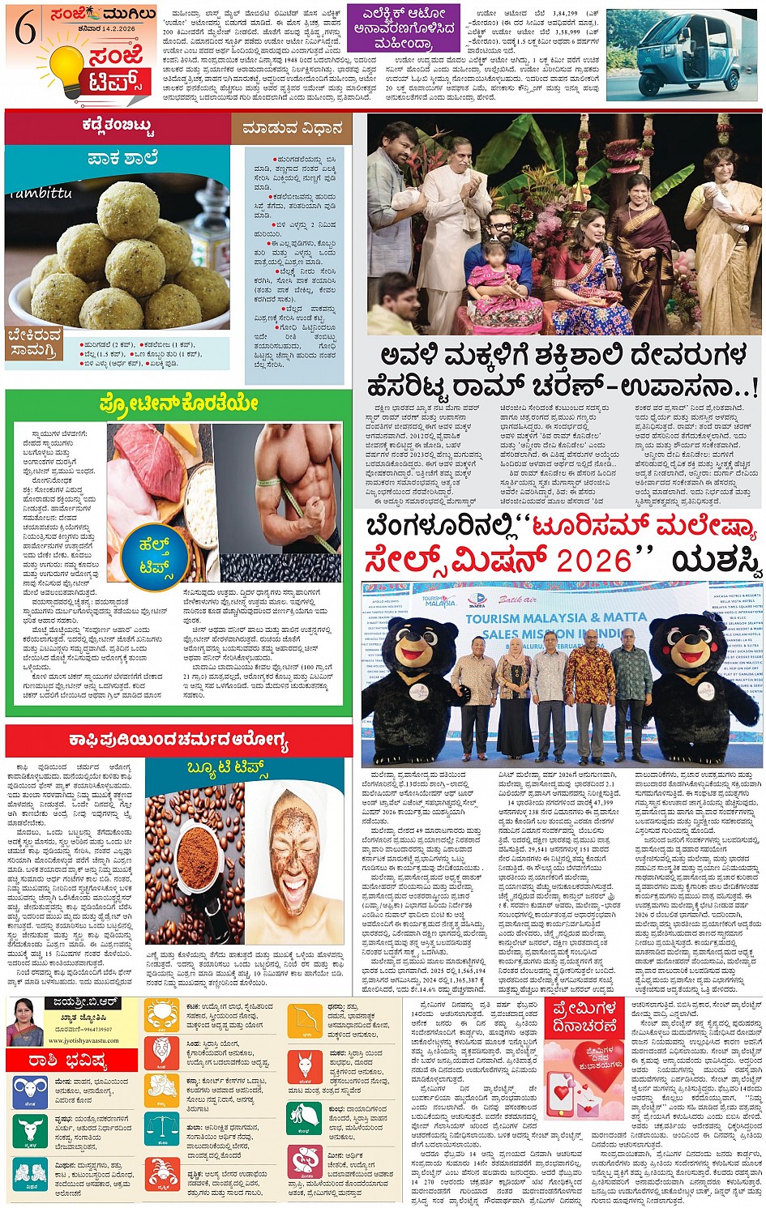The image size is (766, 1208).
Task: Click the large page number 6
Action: [x=24, y=31]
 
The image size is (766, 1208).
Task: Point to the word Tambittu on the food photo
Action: [x=42, y=193]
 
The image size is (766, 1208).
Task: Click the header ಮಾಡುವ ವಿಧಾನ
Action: [x=293, y=128]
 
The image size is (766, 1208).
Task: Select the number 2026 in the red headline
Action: [x=577, y=561]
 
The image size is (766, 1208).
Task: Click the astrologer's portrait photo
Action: [x=24, y=1022]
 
